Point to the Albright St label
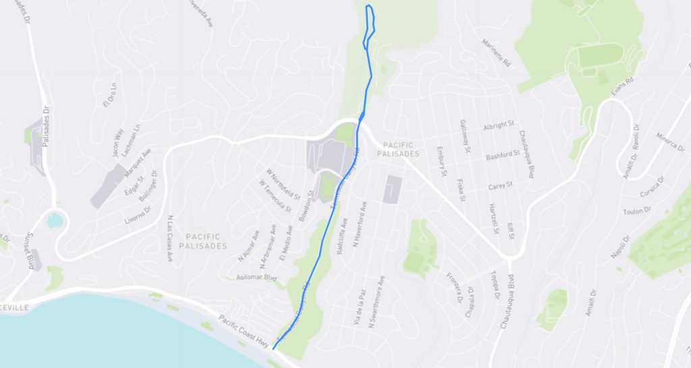pyautogui.click(x=499, y=126)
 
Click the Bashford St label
pyautogui.click(x=503, y=155)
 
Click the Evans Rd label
pyautogui.click(x=624, y=90)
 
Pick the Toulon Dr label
pyautogui.click(x=637, y=210)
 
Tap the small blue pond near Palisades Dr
pyautogui.click(x=54, y=219)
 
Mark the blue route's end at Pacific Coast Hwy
pyautogui.click(x=273, y=348)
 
